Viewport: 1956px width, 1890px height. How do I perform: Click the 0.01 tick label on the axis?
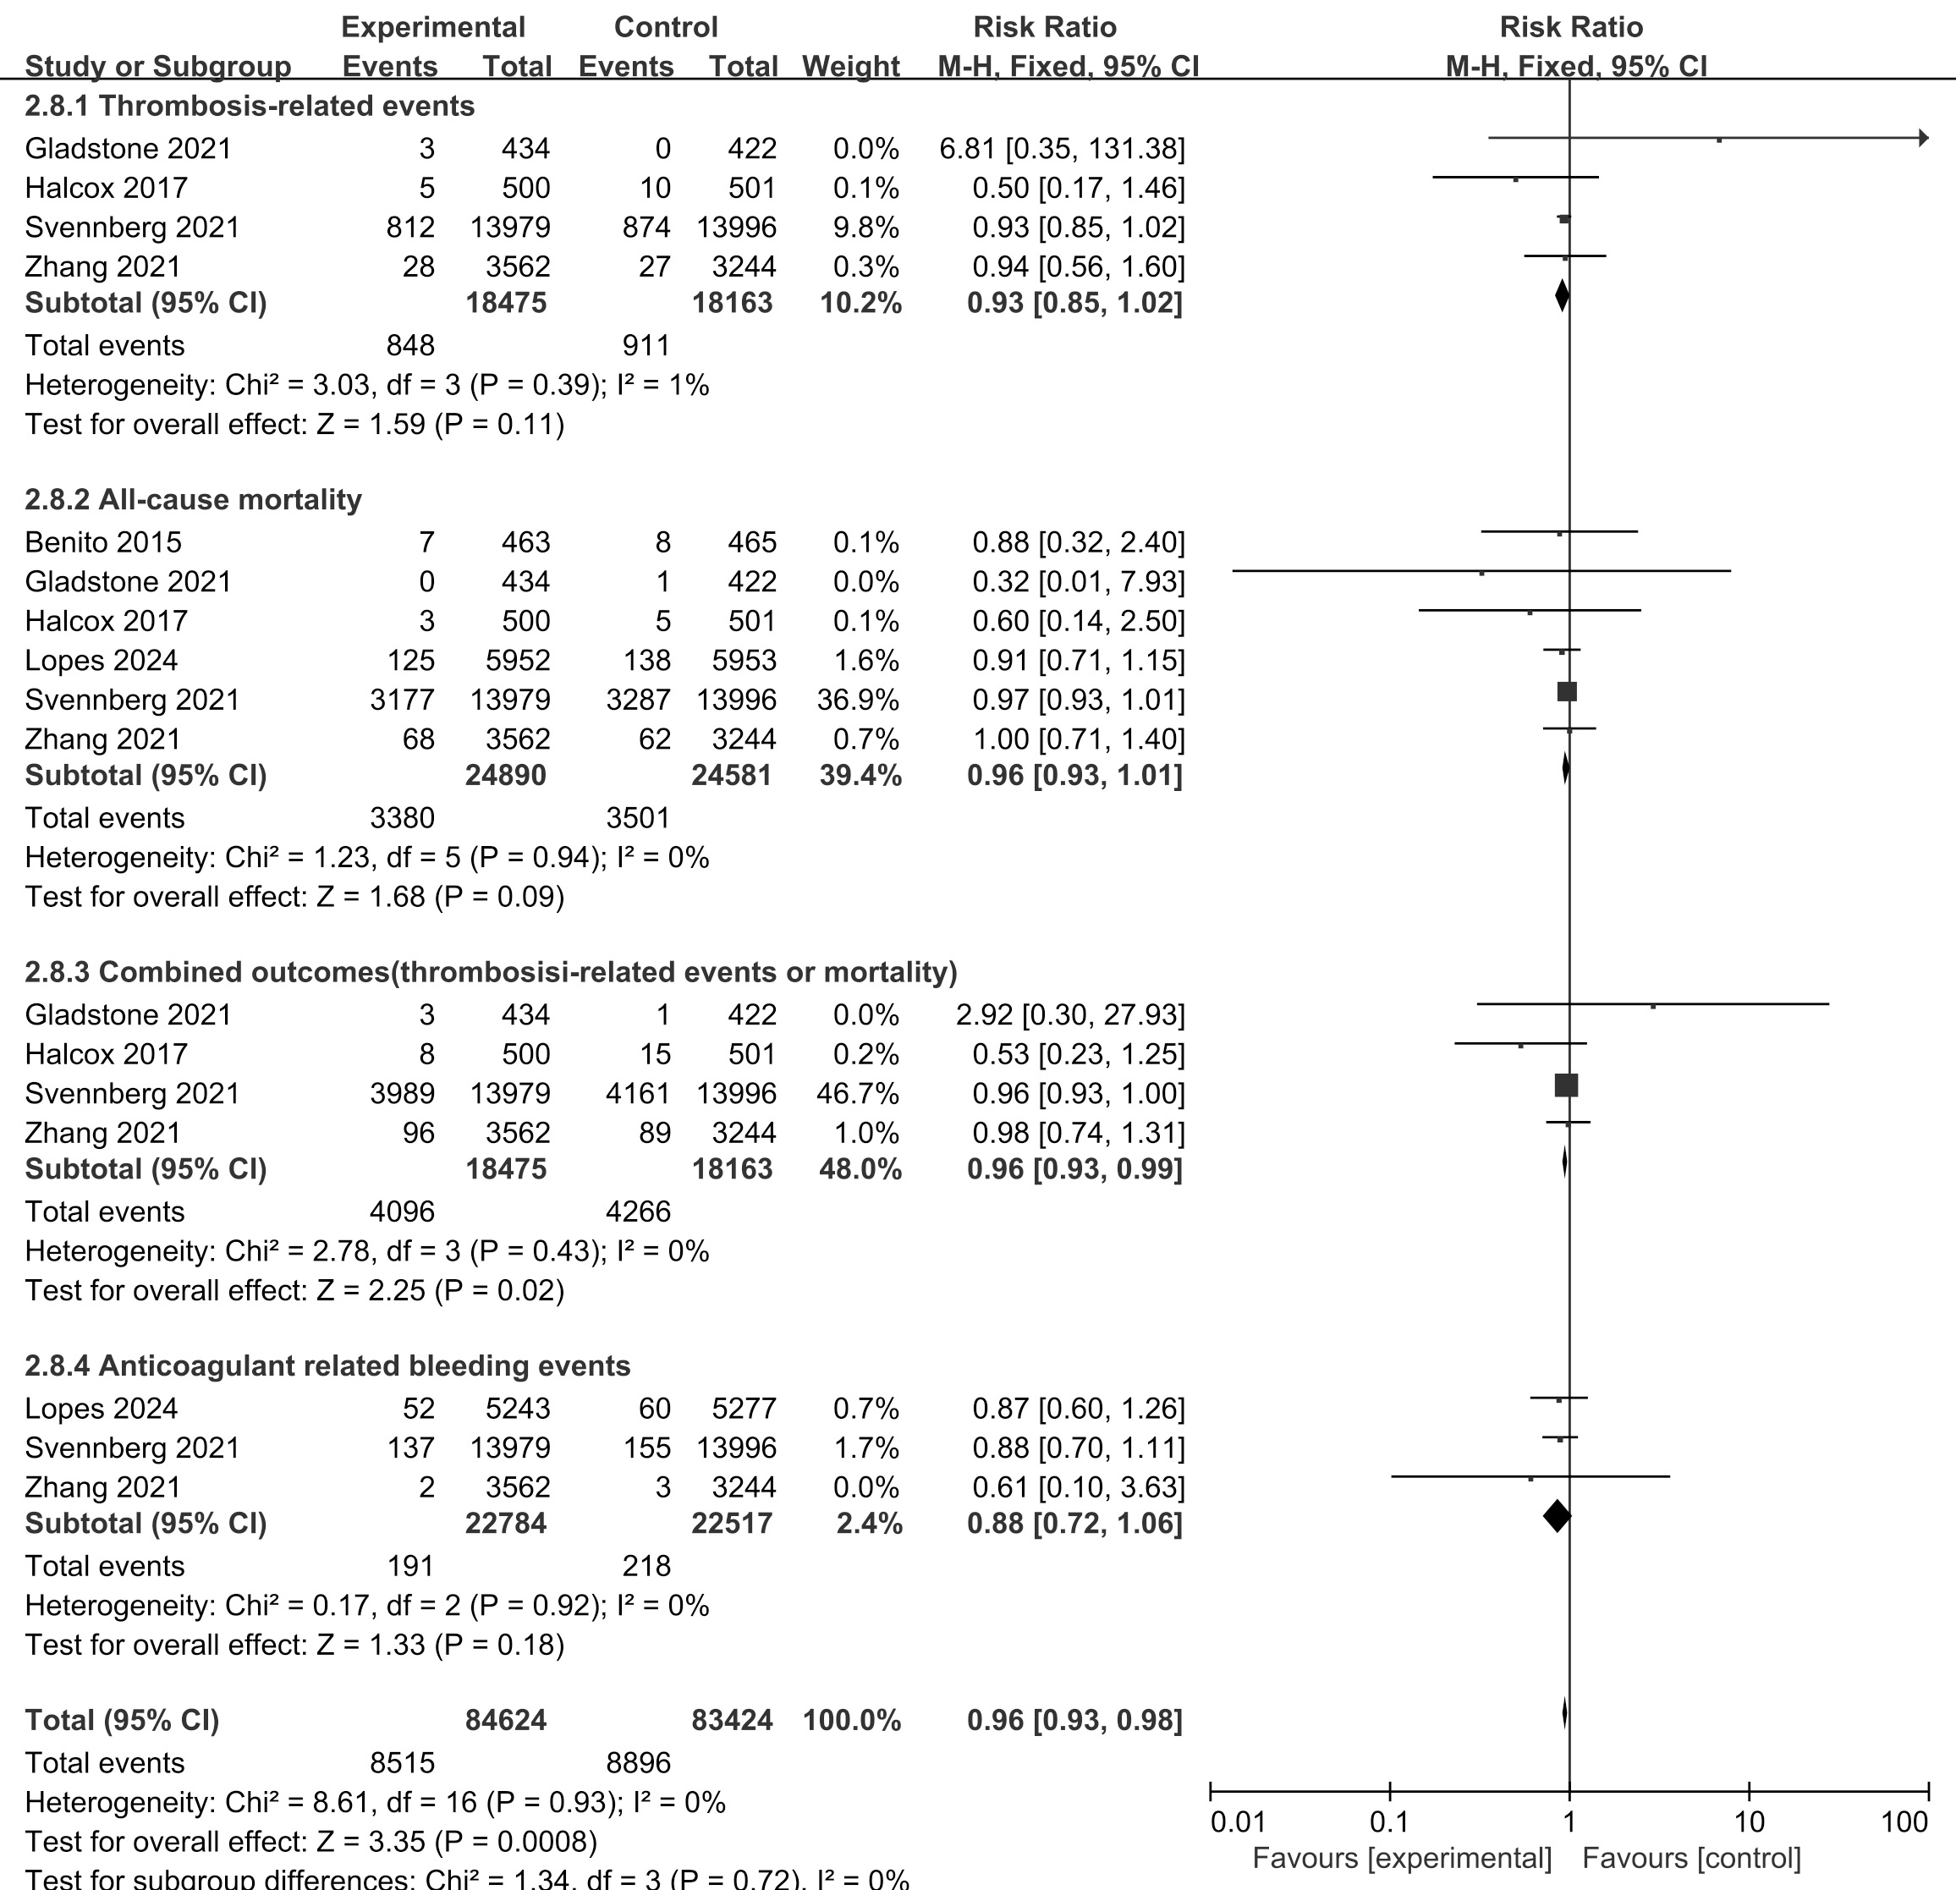pos(1238,1822)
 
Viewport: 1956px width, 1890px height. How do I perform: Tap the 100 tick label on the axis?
pos(1904,1822)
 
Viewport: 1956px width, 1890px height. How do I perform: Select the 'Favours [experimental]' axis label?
pos(1402,1858)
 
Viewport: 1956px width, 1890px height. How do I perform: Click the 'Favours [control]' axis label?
pos(1691,1858)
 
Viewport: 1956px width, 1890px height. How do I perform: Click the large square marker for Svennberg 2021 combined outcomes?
pos(1566,1085)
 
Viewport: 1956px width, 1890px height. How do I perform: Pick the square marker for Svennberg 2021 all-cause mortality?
pos(1567,691)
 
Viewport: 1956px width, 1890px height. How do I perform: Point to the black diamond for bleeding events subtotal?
pos(1557,1516)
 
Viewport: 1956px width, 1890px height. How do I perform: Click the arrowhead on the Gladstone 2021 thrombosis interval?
pos(1923,139)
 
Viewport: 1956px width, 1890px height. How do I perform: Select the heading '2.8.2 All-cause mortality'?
pos(193,499)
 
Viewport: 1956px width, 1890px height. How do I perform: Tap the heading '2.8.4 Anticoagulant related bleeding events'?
pos(327,1365)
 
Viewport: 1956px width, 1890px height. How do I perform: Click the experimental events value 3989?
pos(402,1094)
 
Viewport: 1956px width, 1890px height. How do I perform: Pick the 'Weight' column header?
pos(850,66)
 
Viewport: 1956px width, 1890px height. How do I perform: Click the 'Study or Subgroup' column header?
pos(157,66)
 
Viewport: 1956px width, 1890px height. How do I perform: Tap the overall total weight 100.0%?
pos(851,1720)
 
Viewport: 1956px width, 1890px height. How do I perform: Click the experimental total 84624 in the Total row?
pos(506,1720)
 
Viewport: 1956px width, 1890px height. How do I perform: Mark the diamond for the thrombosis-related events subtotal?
pos(1562,295)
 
